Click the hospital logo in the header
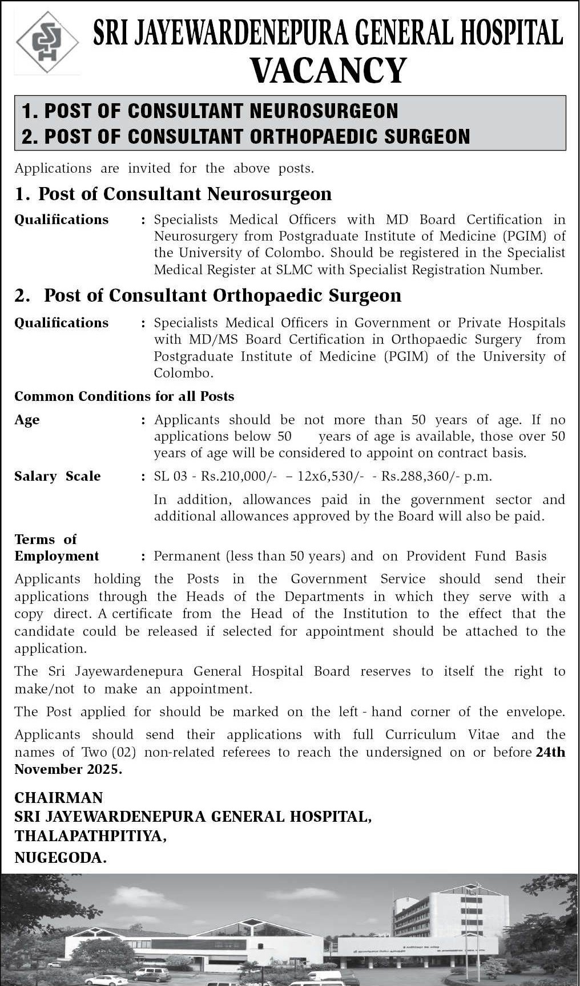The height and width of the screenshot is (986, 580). pyautogui.click(x=47, y=43)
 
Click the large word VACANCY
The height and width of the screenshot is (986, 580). pyautogui.click(x=328, y=71)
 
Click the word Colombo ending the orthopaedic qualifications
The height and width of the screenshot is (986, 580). pyautogui.click(x=183, y=374)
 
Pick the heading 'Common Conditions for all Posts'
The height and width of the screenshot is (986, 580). pyautogui.click(x=124, y=396)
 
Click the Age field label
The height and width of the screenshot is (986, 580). pyautogui.click(x=27, y=420)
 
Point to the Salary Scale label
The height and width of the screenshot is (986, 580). pyautogui.click(x=57, y=476)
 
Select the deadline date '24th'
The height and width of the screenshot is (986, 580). pyautogui.click(x=550, y=752)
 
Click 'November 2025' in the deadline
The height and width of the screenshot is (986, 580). pyautogui.click(x=67, y=769)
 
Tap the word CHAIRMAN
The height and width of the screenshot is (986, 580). pyautogui.click(x=59, y=797)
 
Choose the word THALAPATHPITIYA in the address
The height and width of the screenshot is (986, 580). pyautogui.click(x=90, y=836)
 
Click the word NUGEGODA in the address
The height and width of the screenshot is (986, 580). pyautogui.click(x=60, y=857)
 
